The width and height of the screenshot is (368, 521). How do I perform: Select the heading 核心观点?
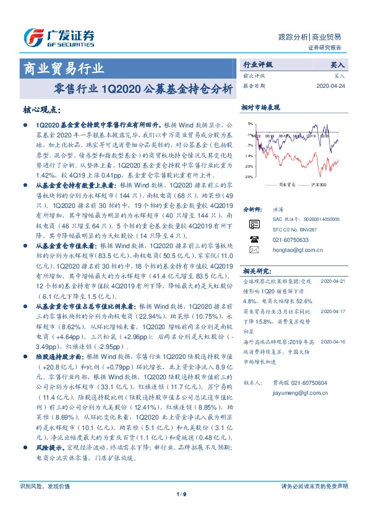(x=41, y=110)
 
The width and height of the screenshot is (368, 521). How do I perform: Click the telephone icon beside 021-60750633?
(x=254, y=239)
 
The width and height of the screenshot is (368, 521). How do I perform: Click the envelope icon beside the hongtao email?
(x=254, y=250)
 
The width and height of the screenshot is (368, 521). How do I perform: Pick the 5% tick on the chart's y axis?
(x=249, y=133)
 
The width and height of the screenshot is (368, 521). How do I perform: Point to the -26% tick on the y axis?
(x=248, y=177)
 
